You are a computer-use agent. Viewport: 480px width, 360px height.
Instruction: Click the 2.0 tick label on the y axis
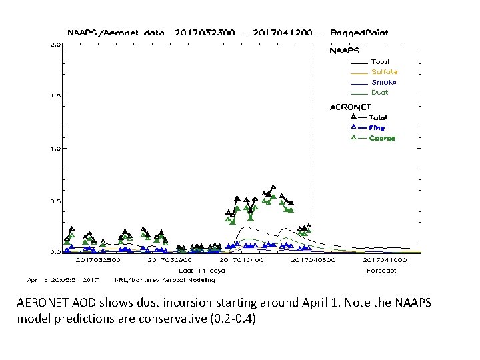[x=55, y=45]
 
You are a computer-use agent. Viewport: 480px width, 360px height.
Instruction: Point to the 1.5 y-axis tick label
[x=55, y=95]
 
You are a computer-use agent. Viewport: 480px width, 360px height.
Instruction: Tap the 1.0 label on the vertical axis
[x=55, y=148]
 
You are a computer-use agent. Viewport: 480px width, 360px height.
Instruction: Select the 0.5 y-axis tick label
[x=55, y=201]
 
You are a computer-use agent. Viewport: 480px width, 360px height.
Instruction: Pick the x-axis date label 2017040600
[x=313, y=260]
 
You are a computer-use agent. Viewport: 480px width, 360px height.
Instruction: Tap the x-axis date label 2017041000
[x=385, y=260]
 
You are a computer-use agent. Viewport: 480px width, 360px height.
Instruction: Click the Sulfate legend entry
[x=384, y=72]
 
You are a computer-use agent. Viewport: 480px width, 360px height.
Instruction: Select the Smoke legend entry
[x=383, y=82]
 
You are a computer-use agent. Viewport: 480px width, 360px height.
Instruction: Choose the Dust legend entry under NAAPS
[x=379, y=93]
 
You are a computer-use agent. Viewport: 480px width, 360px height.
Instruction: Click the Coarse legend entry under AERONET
[x=382, y=138]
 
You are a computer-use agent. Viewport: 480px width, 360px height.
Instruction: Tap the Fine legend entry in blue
[x=377, y=127]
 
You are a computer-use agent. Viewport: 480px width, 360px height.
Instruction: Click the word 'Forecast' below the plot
[x=381, y=271]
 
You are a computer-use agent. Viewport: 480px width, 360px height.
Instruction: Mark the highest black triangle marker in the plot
[x=273, y=187]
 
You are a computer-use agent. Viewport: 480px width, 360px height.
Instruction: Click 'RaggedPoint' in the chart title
[x=365, y=32]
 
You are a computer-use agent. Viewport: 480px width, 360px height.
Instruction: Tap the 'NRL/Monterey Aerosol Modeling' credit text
[x=165, y=280]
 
